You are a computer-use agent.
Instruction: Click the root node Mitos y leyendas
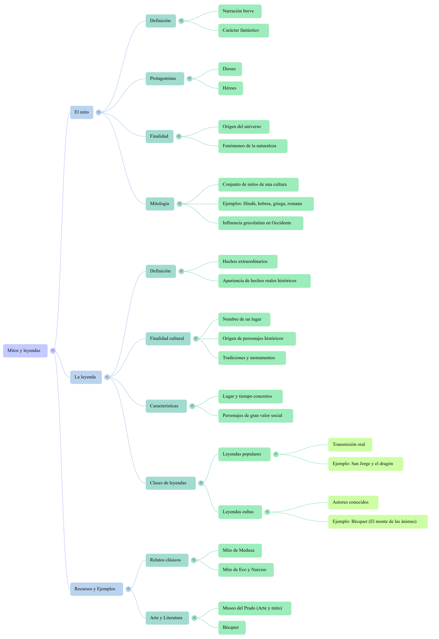pos(25,351)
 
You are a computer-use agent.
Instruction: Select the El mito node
pos(82,112)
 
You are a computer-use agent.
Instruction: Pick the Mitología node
pos(160,204)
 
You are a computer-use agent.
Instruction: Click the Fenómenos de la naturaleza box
pos(252,146)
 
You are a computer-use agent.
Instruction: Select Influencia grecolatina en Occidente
pos(260,223)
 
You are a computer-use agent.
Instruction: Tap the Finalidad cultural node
pos(168,339)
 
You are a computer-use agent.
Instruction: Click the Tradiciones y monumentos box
pos(252,358)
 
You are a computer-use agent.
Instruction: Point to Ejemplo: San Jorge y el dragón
pos(365,464)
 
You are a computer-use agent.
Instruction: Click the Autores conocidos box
pos(353,502)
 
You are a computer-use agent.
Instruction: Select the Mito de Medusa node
pos(240,550)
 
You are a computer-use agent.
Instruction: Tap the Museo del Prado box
pos(254,608)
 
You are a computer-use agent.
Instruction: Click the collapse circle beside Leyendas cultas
pos(267,512)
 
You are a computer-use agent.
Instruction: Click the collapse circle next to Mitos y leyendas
pos(53,351)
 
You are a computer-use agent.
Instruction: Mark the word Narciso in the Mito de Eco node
pos(259,570)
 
